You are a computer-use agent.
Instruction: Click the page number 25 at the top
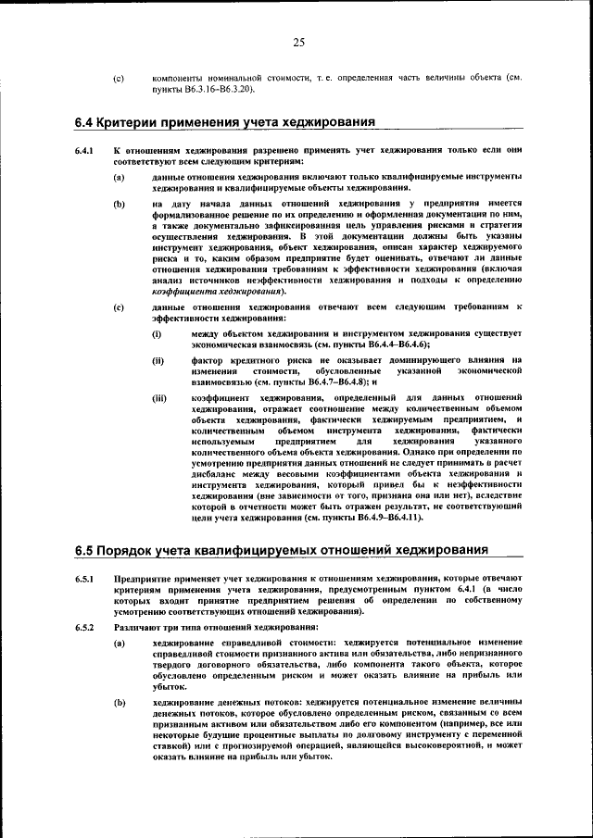298,42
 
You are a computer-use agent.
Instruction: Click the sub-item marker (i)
158,332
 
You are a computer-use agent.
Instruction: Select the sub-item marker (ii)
158,359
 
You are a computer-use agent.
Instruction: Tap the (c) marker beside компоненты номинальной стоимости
119,79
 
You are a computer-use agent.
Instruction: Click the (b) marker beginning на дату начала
119,202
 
